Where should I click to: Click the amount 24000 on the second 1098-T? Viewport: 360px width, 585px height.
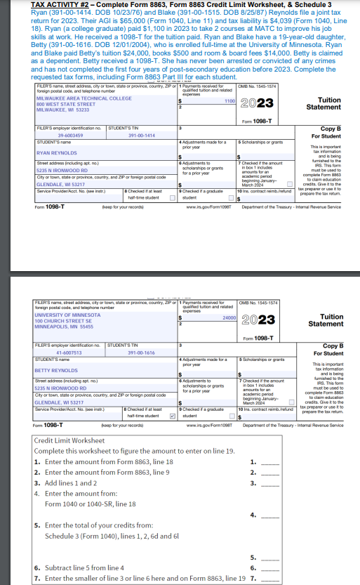228,317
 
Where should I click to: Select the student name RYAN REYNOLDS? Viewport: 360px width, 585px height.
58,152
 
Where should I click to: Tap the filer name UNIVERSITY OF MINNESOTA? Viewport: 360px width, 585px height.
69,315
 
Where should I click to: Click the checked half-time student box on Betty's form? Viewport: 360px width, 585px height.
172,396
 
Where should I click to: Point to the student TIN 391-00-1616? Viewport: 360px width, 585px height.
141,353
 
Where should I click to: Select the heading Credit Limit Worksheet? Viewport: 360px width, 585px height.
69,440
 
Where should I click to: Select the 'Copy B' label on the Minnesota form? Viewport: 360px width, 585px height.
332,346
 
